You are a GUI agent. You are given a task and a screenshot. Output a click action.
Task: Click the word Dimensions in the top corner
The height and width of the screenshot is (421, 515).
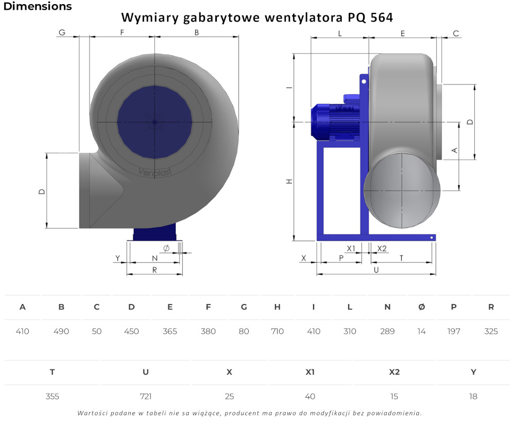tap(38, 6)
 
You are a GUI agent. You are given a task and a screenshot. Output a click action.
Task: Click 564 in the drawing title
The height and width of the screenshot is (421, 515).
tap(382, 18)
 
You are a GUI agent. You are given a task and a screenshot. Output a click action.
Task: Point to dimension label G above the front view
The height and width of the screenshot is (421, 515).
tap(62, 32)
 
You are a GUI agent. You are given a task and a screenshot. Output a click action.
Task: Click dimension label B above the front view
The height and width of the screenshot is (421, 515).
tap(197, 32)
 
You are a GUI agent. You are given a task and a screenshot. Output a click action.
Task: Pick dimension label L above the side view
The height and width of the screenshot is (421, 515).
tap(340, 33)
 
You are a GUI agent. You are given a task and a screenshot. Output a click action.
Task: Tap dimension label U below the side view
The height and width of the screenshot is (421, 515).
tap(376, 270)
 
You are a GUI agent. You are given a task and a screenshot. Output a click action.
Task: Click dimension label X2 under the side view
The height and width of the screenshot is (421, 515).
tap(382, 249)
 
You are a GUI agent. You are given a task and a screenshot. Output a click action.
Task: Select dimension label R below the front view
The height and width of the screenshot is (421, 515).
tap(154, 270)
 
